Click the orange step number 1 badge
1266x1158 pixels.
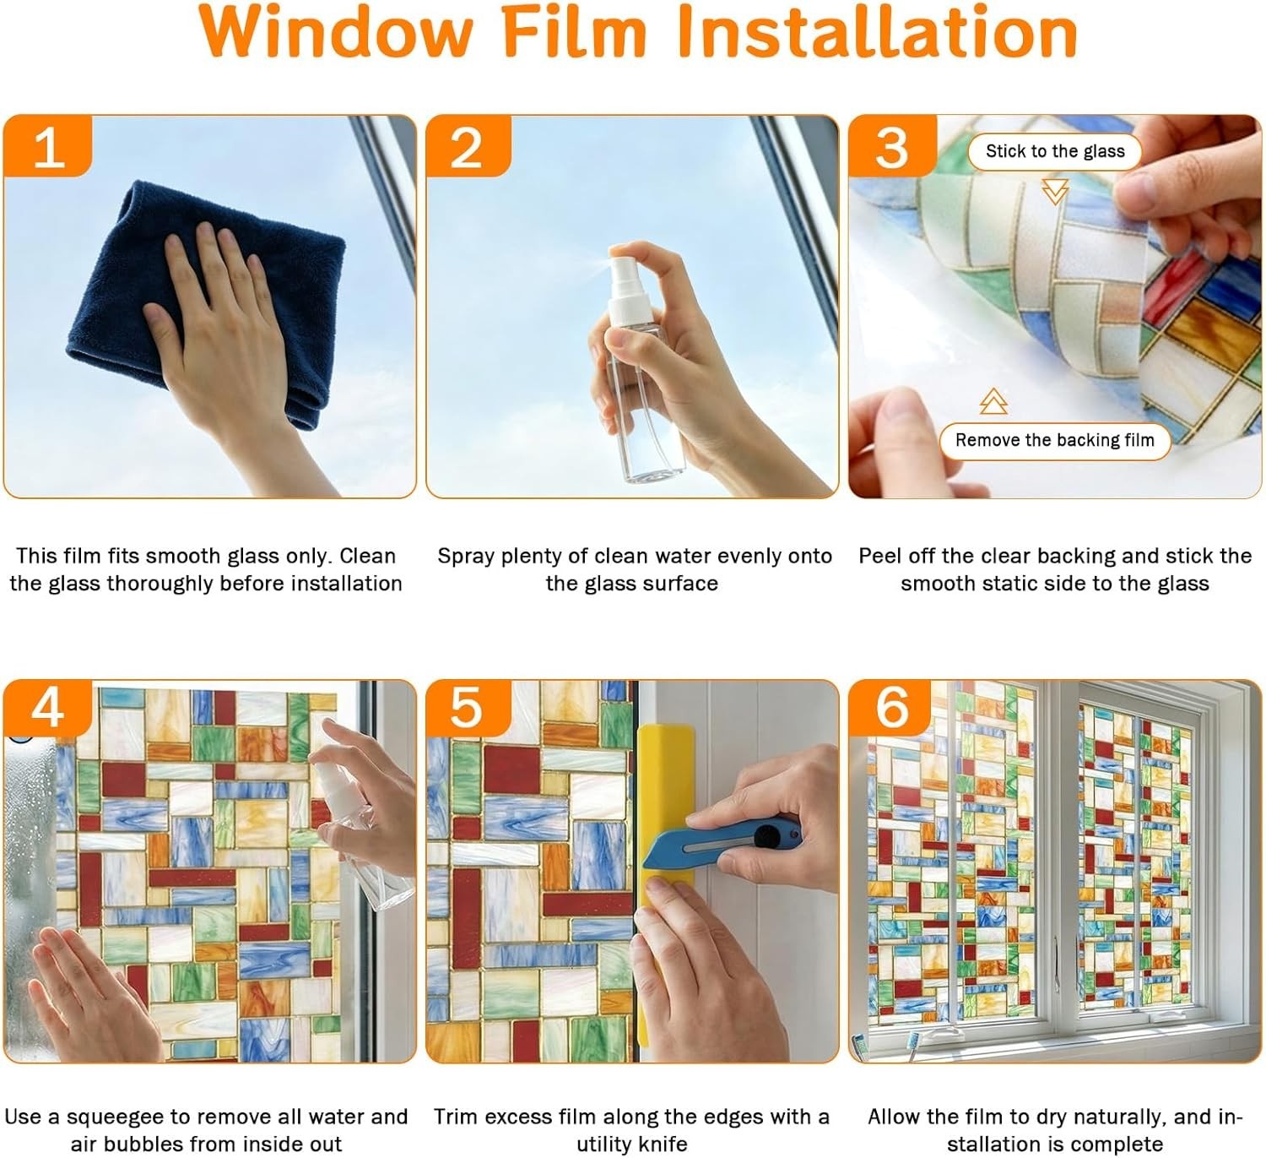(48, 146)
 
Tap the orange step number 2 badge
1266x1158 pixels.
(468, 146)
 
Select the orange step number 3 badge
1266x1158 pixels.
(892, 146)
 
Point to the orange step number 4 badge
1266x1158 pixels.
(48, 708)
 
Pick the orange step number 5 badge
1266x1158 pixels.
(468, 708)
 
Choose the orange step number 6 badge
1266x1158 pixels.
(890, 708)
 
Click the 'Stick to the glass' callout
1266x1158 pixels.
(1055, 152)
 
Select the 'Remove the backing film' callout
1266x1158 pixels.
(1055, 440)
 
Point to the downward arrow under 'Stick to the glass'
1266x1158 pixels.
(1055, 192)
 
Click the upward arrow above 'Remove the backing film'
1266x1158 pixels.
(993, 401)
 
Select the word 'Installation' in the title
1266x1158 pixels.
(878, 31)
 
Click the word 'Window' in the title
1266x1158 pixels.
(336, 31)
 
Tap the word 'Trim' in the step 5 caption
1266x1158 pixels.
(457, 1117)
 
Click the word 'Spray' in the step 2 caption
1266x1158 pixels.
(465, 557)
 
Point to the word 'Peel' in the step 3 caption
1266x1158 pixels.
(882, 556)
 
